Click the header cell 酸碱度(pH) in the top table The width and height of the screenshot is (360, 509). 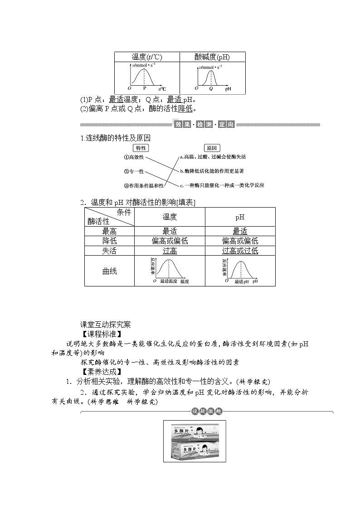[x=212, y=57]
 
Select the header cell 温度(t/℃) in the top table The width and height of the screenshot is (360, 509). [x=146, y=57]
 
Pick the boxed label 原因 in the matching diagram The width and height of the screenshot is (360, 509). [x=212, y=148]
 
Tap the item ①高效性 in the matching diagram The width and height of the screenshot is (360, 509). [x=134, y=157]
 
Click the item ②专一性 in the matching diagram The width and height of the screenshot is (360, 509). [x=134, y=171]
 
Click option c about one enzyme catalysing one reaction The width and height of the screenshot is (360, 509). [x=222, y=185]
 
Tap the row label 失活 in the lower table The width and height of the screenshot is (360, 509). [x=109, y=251]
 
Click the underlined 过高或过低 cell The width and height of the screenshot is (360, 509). [x=240, y=251]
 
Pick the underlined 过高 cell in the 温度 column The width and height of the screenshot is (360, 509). [x=170, y=251]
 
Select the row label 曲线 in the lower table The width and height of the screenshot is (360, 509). [x=109, y=271]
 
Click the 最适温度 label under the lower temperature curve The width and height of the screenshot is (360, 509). [x=168, y=281]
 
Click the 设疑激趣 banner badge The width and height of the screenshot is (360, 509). [x=206, y=411]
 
